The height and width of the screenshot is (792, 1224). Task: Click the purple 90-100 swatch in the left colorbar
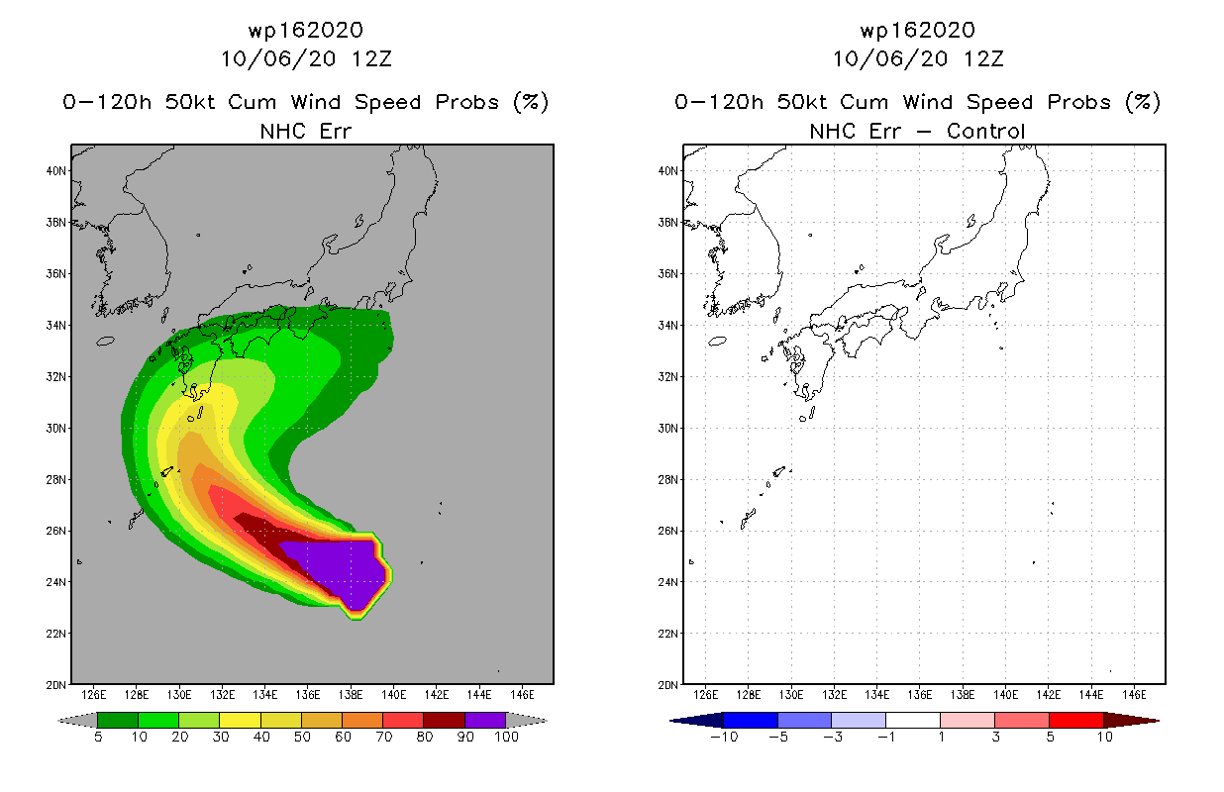click(x=485, y=720)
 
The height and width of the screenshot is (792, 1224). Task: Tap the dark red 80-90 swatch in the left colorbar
click(x=445, y=720)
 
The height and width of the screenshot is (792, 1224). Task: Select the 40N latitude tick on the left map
click(x=55, y=171)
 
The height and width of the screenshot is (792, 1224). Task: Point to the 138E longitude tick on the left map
click(x=351, y=695)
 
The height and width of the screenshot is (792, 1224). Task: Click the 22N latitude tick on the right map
click(x=667, y=634)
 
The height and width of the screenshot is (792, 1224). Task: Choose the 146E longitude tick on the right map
click(x=1135, y=695)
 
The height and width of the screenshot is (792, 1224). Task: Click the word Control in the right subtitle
click(x=985, y=132)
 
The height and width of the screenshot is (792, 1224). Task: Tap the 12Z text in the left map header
click(x=372, y=59)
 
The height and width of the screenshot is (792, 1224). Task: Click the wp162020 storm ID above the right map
click(x=918, y=31)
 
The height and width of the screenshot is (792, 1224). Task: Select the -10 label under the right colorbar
click(x=724, y=737)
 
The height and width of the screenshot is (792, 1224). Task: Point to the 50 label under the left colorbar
click(x=302, y=737)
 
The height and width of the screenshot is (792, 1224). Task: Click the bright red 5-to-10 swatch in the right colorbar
click(x=1076, y=720)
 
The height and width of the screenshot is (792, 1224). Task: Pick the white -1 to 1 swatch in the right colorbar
click(x=913, y=720)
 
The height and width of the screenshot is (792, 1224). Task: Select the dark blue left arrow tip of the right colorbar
click(x=670, y=721)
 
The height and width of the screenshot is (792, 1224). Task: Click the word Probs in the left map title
click(x=467, y=102)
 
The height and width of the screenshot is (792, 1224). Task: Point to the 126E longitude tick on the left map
click(x=93, y=695)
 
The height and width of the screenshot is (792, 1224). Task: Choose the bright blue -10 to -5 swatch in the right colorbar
click(x=751, y=720)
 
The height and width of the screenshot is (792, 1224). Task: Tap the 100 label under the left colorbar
click(x=507, y=737)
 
